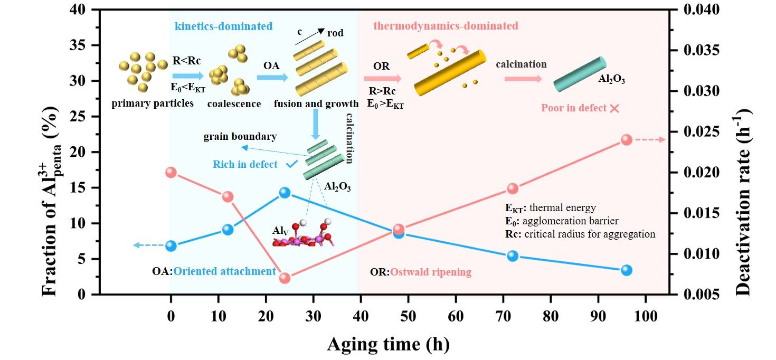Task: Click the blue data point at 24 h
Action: (285, 193)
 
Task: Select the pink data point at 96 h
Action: (627, 139)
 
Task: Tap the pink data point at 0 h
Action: (171, 172)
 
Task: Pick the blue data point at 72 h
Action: (513, 255)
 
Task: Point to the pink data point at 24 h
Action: (285, 278)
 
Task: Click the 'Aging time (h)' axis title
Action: (388, 344)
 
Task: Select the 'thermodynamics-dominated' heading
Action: (446, 25)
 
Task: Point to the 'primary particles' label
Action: (153, 103)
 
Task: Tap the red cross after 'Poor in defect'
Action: (614, 108)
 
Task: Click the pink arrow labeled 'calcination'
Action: (523, 79)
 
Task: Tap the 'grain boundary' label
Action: (240, 137)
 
